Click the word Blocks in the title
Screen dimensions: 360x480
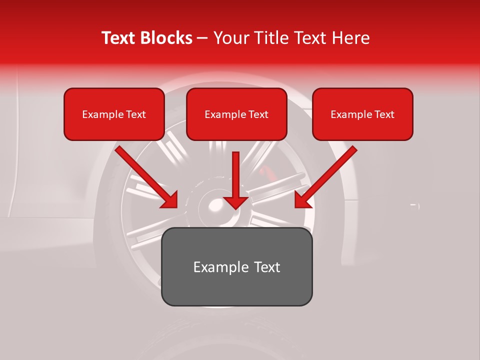[x=167, y=38]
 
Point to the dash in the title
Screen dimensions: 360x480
[x=202, y=38]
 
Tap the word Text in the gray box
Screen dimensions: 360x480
[x=266, y=267]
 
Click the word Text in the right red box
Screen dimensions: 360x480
[x=384, y=114]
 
